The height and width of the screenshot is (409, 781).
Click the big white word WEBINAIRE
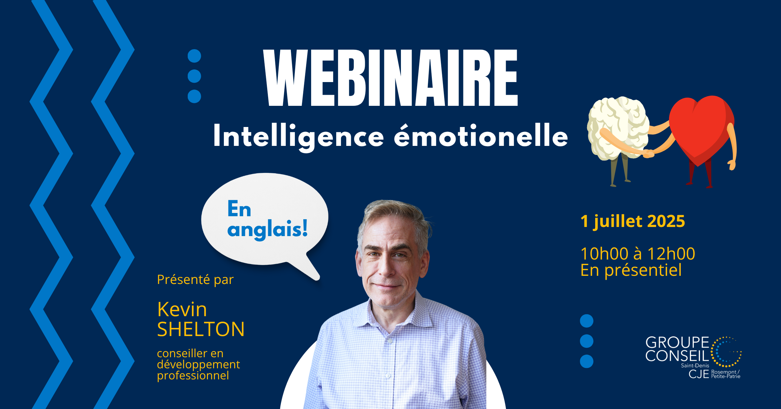pyautogui.click(x=390, y=78)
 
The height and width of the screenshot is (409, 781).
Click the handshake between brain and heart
pyautogui.click(x=649, y=153)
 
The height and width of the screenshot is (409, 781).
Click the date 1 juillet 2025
pyautogui.click(x=633, y=221)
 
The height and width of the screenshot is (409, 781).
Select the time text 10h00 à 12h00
pyautogui.click(x=638, y=254)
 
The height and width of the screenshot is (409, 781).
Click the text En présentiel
pyautogui.click(x=631, y=270)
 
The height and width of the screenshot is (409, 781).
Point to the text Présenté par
pyautogui.click(x=195, y=280)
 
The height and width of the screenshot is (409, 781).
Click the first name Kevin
pyautogui.click(x=182, y=309)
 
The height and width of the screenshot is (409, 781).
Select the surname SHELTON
pyautogui.click(x=201, y=329)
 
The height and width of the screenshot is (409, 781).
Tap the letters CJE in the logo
pyautogui.click(x=699, y=374)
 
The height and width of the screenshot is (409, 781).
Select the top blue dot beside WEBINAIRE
pyautogui.click(x=194, y=56)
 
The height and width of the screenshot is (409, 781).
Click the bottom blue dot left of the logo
pyautogui.click(x=587, y=361)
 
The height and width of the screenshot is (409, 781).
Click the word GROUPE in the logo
pyautogui.click(x=677, y=343)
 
